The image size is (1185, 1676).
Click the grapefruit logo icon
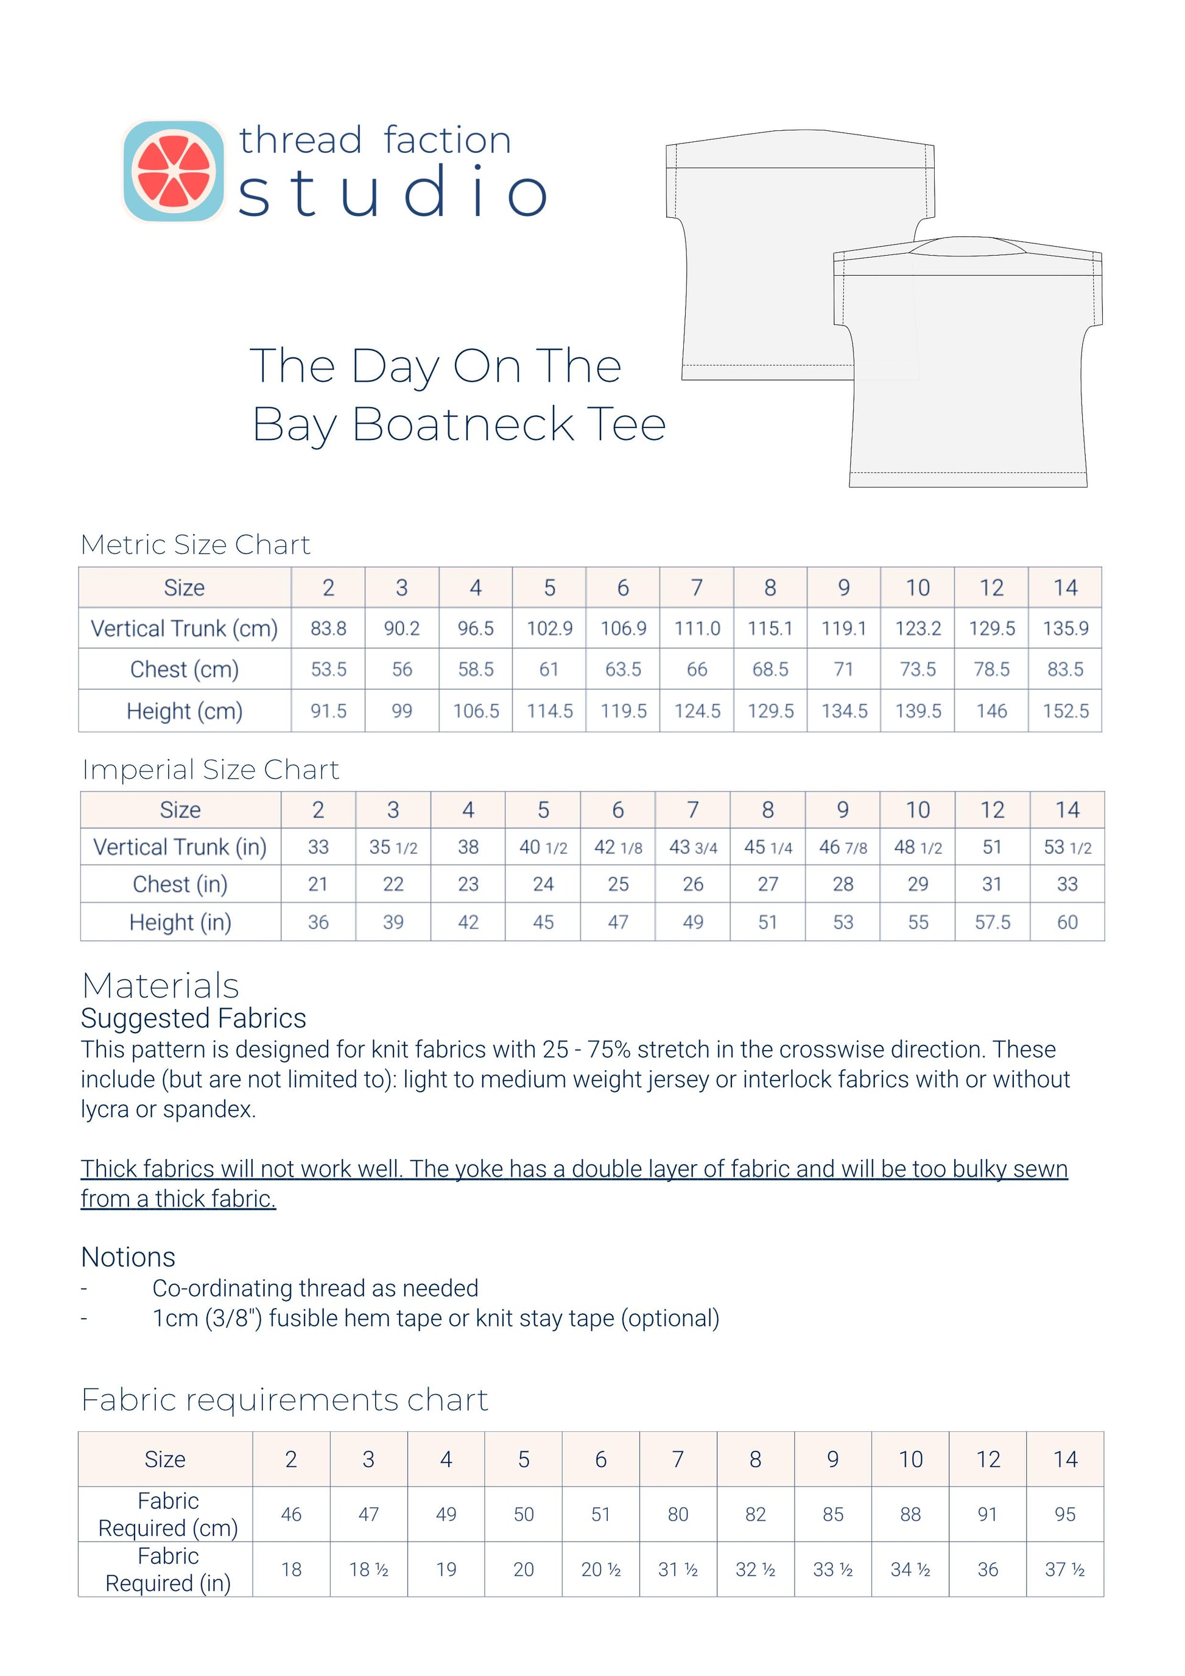coord(173,171)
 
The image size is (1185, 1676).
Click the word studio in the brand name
coord(392,192)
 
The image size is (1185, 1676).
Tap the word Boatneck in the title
coord(462,425)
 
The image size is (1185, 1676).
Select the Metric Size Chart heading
coord(195,544)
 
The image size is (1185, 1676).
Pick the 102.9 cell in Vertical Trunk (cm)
coord(549,628)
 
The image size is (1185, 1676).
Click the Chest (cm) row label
coord(184,670)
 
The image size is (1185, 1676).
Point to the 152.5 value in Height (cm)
coord(1065,711)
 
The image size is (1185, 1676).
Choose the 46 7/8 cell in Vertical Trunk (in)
coord(843,847)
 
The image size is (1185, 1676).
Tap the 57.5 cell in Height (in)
coord(992,923)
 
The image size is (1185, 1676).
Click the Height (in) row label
coord(180,923)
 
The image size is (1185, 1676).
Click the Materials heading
coord(161,986)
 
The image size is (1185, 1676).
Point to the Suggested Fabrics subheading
coord(193,1019)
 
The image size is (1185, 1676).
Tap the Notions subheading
coord(128,1257)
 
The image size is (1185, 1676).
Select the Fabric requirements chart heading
coord(285,1400)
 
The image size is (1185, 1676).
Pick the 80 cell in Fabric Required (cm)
coord(678,1515)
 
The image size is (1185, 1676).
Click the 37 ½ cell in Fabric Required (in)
coord(1064,1569)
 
